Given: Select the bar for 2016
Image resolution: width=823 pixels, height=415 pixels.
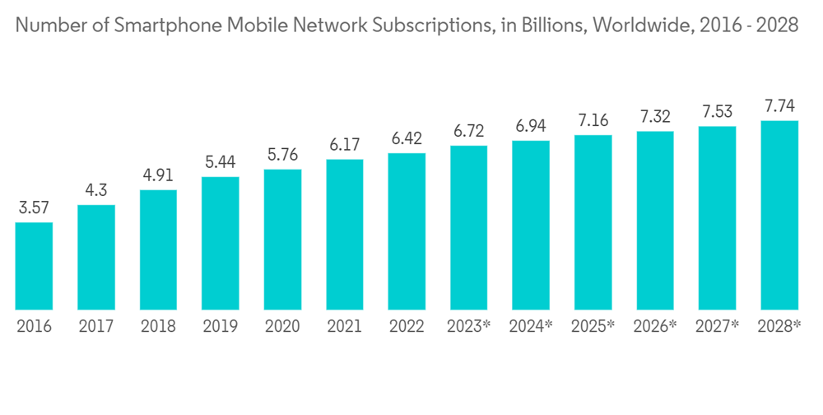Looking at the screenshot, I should [x=34, y=266].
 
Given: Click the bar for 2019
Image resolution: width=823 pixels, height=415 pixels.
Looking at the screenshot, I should [x=220, y=244].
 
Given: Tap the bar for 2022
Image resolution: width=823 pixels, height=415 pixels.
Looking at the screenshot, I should [x=407, y=231].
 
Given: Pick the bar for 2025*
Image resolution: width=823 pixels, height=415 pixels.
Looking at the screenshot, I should [x=593, y=222].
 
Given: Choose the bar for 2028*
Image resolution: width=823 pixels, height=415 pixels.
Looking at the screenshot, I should [x=779, y=215].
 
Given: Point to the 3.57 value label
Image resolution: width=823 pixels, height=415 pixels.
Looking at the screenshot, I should [x=34, y=208].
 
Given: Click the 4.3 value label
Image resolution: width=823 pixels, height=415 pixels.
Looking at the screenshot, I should [x=96, y=191].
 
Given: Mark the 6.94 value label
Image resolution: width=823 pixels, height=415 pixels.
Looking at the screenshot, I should [x=531, y=127].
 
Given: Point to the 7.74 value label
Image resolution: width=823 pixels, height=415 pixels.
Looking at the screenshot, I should [x=779, y=107].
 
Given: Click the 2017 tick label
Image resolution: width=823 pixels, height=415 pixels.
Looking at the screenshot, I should [x=96, y=326].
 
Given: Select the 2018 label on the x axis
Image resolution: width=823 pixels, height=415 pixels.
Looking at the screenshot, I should [x=158, y=326].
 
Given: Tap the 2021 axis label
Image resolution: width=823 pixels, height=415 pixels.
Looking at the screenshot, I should [x=344, y=326].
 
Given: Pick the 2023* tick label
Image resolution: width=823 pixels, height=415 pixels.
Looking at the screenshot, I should [x=468, y=326].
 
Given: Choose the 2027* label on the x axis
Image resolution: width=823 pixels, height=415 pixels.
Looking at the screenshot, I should [x=717, y=326].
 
